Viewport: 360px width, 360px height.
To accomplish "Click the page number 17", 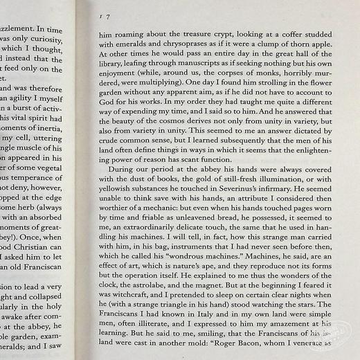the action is coord(105,15).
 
